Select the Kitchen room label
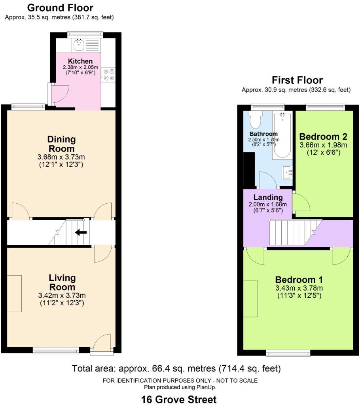[80, 61]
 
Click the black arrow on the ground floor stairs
[81, 233]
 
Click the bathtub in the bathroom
[282, 135]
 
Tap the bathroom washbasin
[287, 172]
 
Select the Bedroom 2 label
[323, 136]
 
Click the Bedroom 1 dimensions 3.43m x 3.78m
[299, 288]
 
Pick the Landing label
[268, 197]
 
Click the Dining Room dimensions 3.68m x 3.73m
[61, 157]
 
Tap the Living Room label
[62, 282]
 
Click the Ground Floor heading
[60, 8]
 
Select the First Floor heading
[297, 80]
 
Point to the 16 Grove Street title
[179, 399]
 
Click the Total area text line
[176, 368]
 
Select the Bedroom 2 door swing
[301, 202]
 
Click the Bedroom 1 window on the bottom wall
[288, 353]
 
